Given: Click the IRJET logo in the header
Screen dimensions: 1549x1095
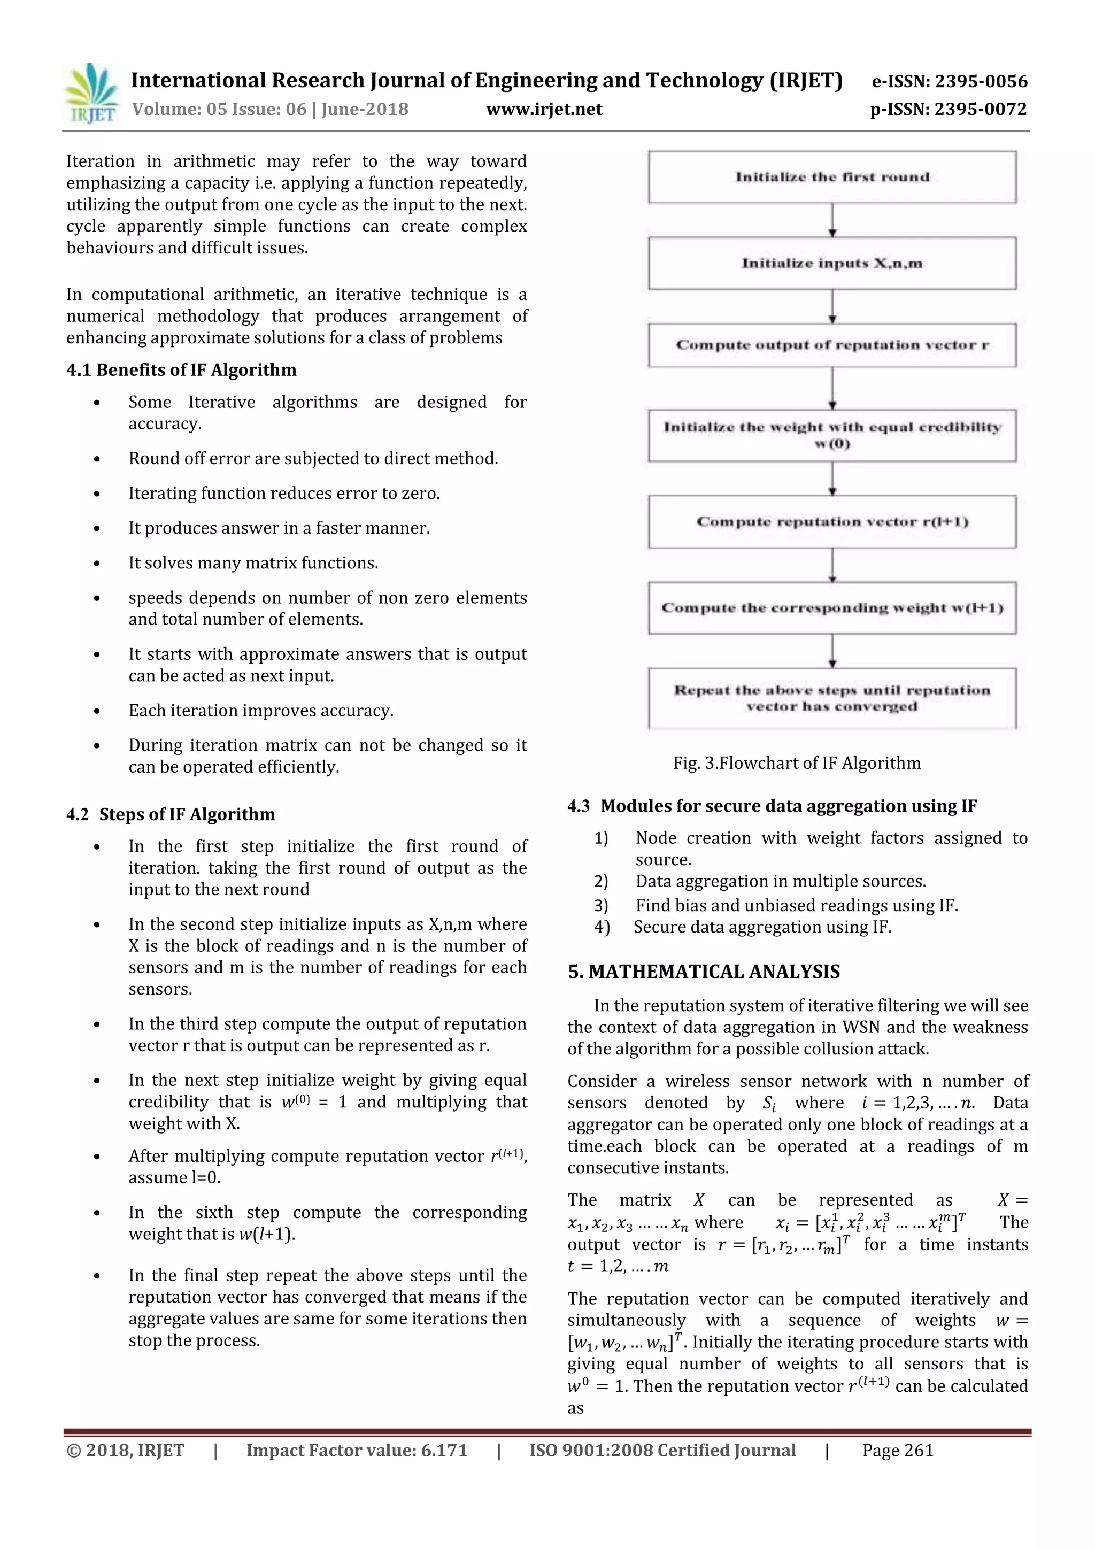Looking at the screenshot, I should coord(90,93).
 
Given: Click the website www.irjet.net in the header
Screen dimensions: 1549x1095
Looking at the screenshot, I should coord(544,109).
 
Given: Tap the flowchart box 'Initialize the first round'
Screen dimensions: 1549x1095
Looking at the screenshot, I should coord(832,177).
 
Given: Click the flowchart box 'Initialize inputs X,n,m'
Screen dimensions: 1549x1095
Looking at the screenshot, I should coord(832,263).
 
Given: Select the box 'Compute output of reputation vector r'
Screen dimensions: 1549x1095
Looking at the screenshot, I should coord(832,345).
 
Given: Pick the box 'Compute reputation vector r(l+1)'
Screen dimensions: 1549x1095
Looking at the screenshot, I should coord(832,521).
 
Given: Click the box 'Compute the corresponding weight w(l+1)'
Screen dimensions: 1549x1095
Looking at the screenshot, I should coord(832,608).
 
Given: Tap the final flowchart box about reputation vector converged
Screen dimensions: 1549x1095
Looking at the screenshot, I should coord(832,698).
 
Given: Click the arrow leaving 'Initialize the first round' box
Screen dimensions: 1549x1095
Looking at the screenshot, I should coord(832,220).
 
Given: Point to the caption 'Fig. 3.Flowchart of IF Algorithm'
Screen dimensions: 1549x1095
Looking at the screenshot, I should coord(796,763).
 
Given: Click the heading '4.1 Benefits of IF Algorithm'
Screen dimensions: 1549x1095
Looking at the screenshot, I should coord(181,369).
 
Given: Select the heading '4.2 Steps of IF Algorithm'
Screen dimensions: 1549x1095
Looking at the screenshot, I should coord(171,814).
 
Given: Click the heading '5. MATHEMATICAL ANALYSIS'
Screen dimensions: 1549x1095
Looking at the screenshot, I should coord(704,972).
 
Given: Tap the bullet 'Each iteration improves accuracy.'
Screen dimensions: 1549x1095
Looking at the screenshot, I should coord(260,711).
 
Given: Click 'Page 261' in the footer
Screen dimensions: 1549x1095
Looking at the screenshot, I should coord(897,1451).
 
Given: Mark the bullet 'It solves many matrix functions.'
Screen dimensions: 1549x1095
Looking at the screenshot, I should coord(253,562).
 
